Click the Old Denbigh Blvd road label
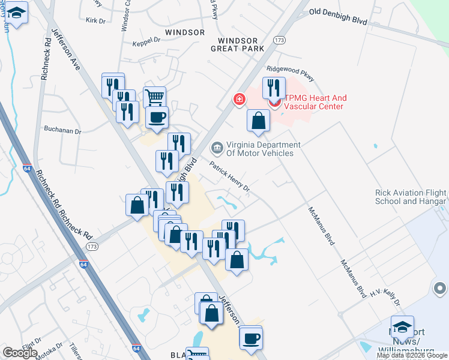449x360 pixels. tap(337, 16)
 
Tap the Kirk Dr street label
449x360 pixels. tap(95, 20)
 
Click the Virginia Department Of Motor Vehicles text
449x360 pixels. tap(260, 149)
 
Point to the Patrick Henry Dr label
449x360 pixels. tap(229, 176)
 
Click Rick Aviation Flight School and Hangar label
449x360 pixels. tap(411, 197)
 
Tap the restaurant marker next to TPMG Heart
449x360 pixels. tap(274, 88)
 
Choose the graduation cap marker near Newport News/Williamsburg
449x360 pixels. tap(402, 326)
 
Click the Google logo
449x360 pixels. tap(20, 353)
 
